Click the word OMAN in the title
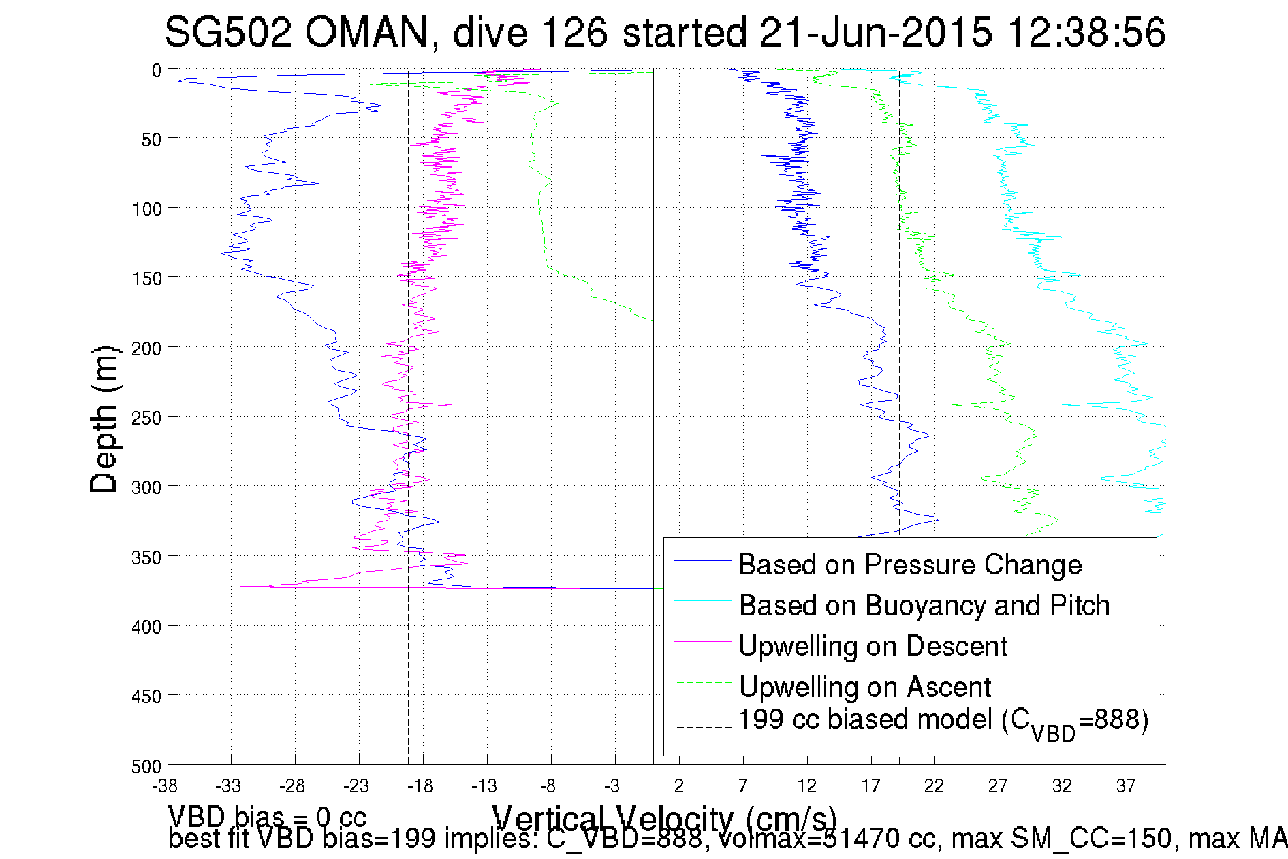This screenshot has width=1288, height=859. [366, 32]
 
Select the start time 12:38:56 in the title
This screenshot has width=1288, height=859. [1086, 32]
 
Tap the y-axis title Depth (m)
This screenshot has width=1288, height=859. [104, 419]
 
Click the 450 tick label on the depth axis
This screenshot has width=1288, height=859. [147, 696]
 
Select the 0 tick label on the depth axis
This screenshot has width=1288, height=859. [157, 71]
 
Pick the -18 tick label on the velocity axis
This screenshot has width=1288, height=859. [420, 786]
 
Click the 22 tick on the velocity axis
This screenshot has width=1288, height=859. [934, 786]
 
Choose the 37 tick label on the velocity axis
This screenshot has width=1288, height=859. [1126, 786]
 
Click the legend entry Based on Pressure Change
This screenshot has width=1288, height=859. [910, 564]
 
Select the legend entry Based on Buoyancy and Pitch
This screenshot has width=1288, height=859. [924, 605]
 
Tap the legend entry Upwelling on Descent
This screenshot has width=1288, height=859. [873, 646]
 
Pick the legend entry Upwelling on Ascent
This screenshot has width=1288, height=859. [865, 687]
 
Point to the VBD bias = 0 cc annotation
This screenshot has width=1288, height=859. [267, 816]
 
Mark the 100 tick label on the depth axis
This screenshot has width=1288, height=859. [147, 209]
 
